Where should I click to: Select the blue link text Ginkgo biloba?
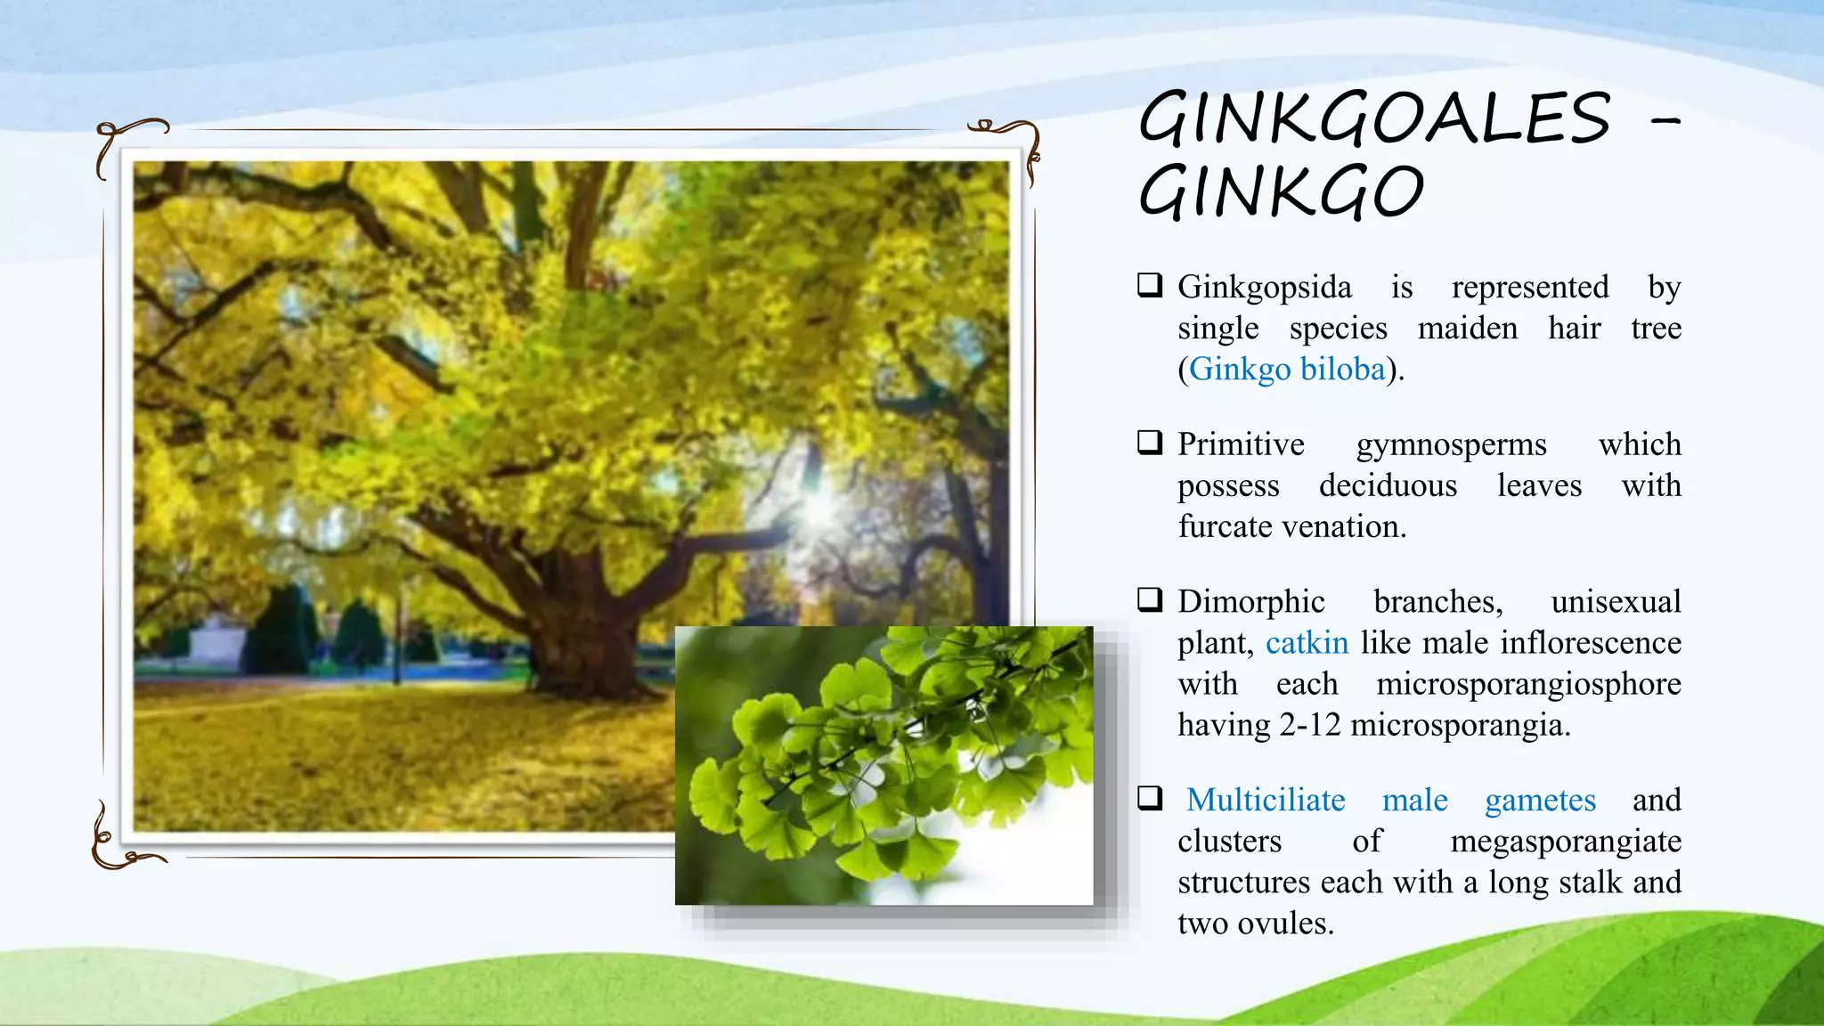coord(1287,370)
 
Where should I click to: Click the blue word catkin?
coord(1307,643)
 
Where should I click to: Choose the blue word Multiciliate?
coord(1266,800)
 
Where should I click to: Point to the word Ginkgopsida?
coord(1265,288)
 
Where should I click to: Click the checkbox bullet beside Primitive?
coord(1150,443)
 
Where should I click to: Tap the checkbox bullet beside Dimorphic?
coord(1150,599)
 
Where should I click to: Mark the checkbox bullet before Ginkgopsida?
coord(1150,285)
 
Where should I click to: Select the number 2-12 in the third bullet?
coord(1310,725)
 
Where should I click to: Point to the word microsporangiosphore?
coord(1528,684)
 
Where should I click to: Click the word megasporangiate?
coord(1566,841)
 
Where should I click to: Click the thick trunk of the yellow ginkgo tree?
coord(583,623)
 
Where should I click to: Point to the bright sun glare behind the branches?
coord(818,508)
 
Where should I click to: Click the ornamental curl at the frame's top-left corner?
coord(125,142)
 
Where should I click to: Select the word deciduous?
coord(1388,485)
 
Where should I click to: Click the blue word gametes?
coord(1540,800)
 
